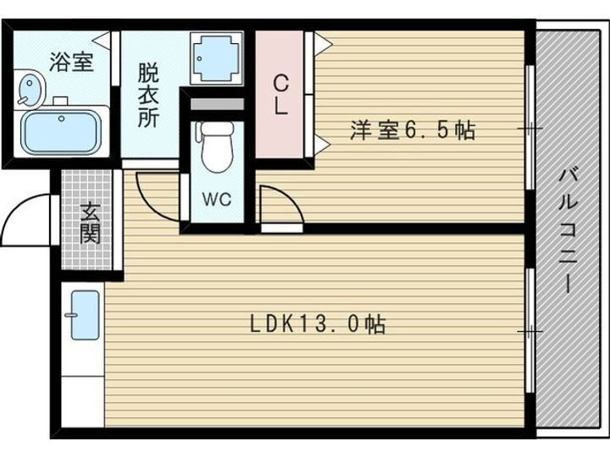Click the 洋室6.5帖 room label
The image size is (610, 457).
click(413, 130)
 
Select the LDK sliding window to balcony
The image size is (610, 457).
click(530, 330)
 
